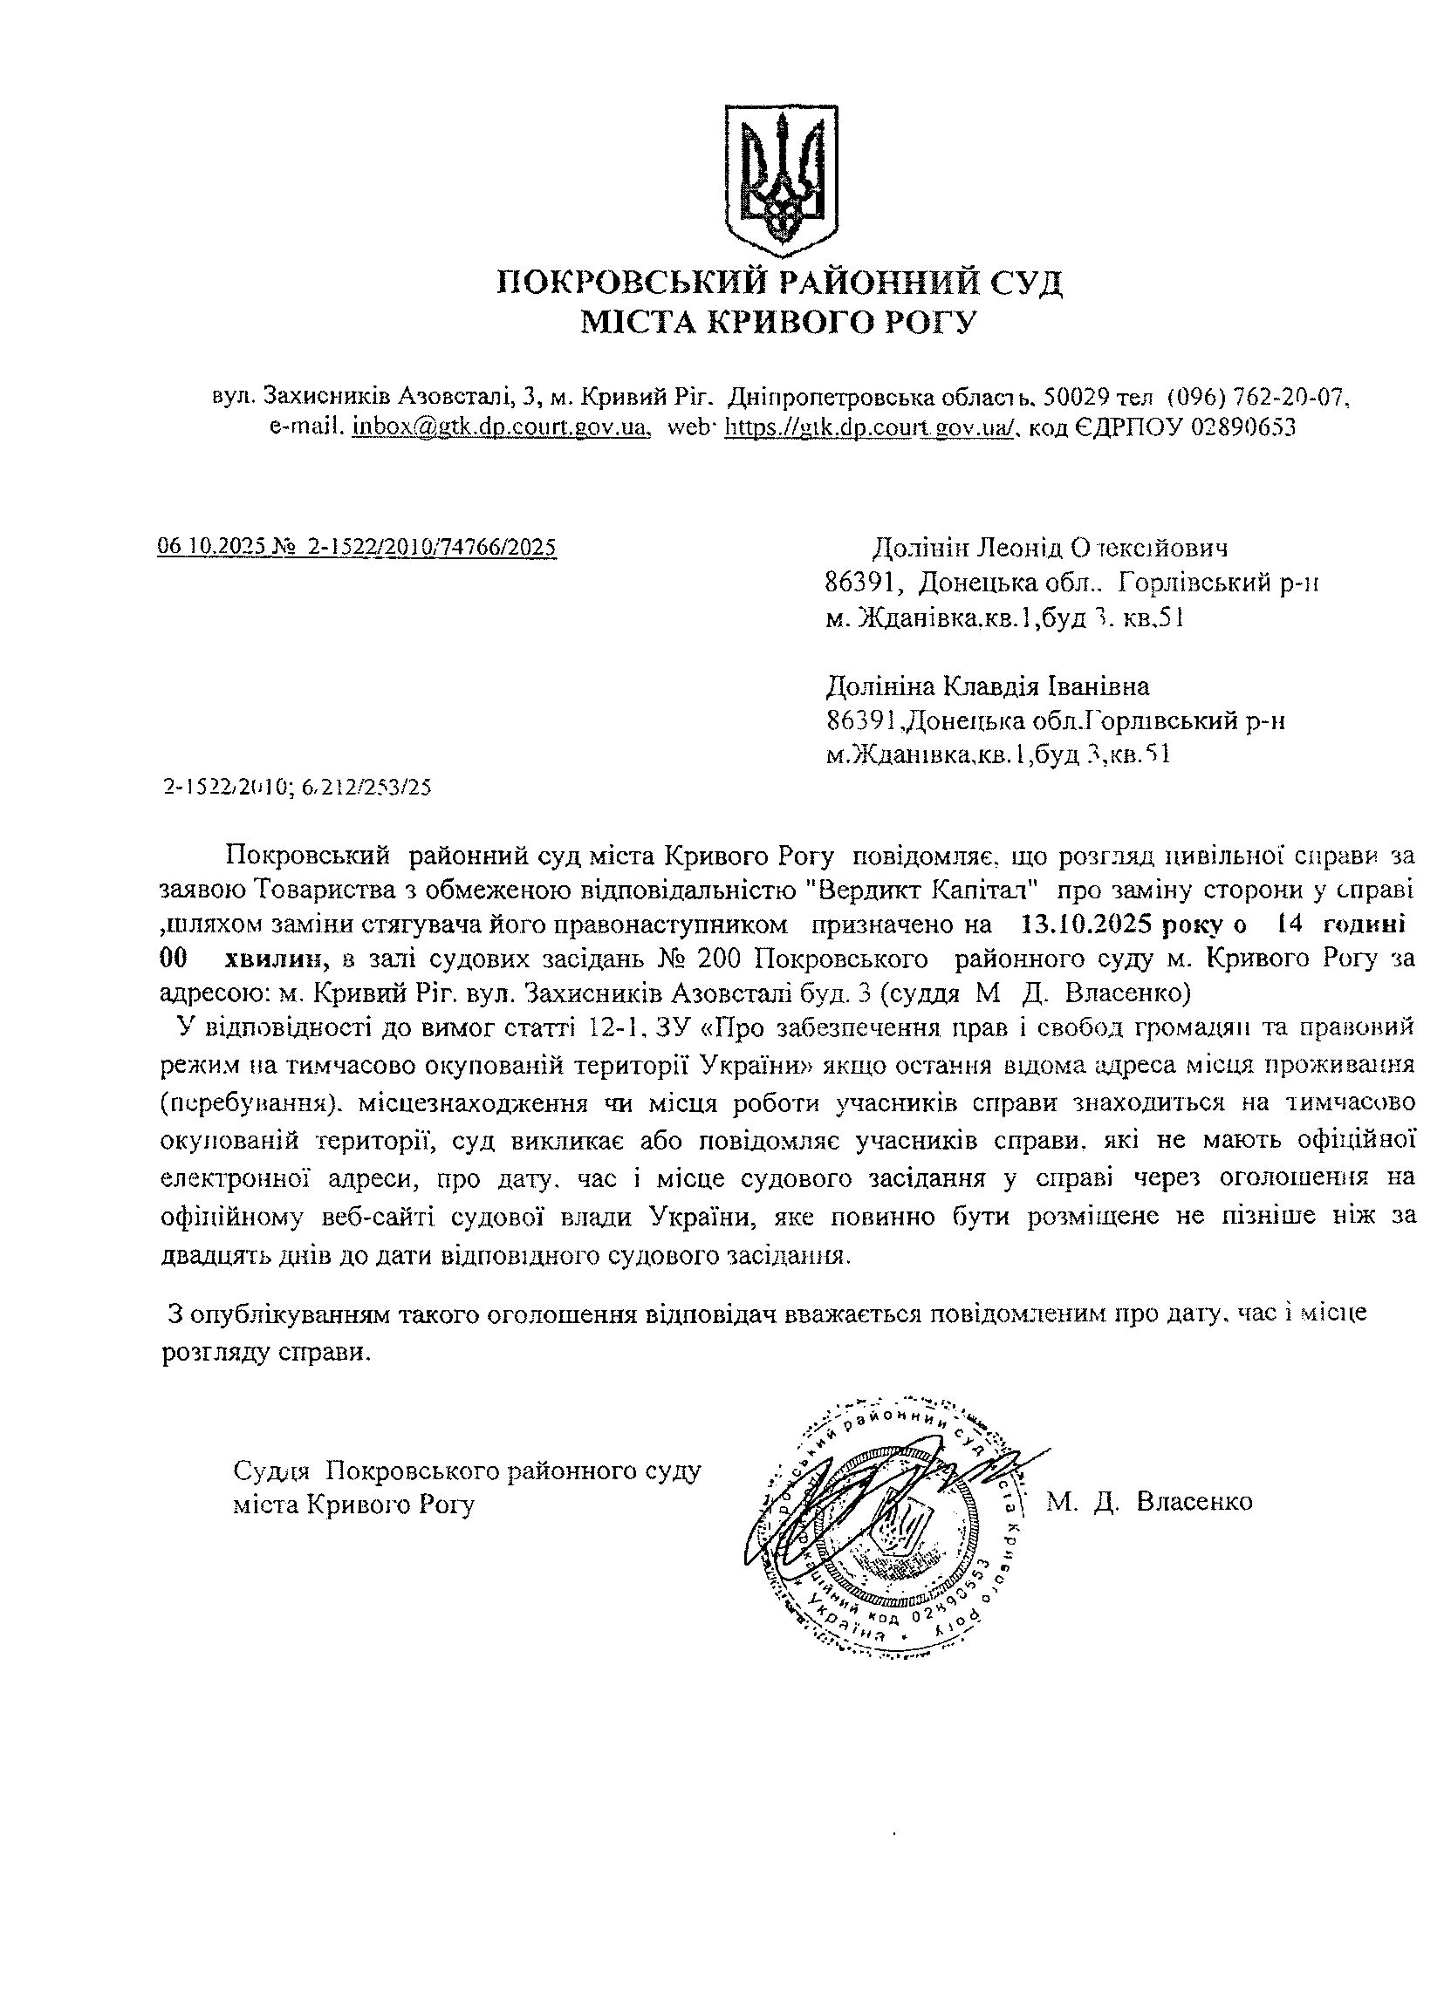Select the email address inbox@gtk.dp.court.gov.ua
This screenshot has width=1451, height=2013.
click(498, 426)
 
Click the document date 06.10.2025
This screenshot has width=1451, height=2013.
click(212, 547)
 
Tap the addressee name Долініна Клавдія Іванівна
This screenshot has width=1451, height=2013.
click(988, 686)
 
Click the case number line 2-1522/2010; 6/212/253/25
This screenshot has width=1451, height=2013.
click(298, 788)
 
